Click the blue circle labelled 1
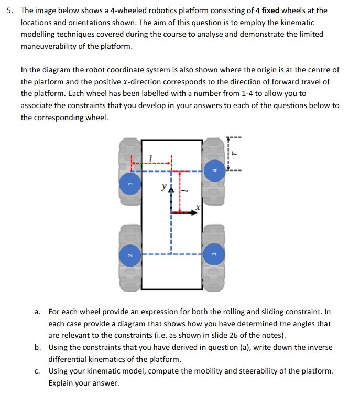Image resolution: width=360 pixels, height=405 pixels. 131,184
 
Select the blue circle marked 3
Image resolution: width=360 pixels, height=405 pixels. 214,255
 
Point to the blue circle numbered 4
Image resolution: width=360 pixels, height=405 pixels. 214,170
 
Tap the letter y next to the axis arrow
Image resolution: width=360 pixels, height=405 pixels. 165,186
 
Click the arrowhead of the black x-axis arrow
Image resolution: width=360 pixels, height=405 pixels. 193,212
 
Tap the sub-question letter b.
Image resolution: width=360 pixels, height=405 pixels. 37,347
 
